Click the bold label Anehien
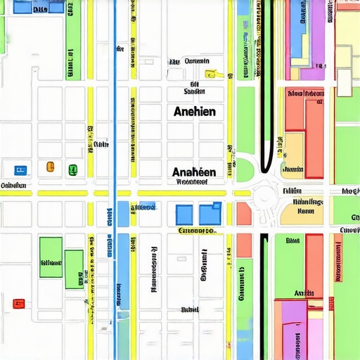[194, 111]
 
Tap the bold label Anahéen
[194, 172]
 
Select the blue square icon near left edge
[19, 169]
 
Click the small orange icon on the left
[50, 167]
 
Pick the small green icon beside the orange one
[72, 169]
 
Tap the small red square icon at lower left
[19, 304]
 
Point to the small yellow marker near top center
[209, 74]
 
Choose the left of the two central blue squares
[184, 214]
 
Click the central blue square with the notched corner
[210, 214]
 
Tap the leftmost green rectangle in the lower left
[51, 257]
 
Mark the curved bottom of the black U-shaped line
[267, 169]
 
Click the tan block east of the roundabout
[302, 211]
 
